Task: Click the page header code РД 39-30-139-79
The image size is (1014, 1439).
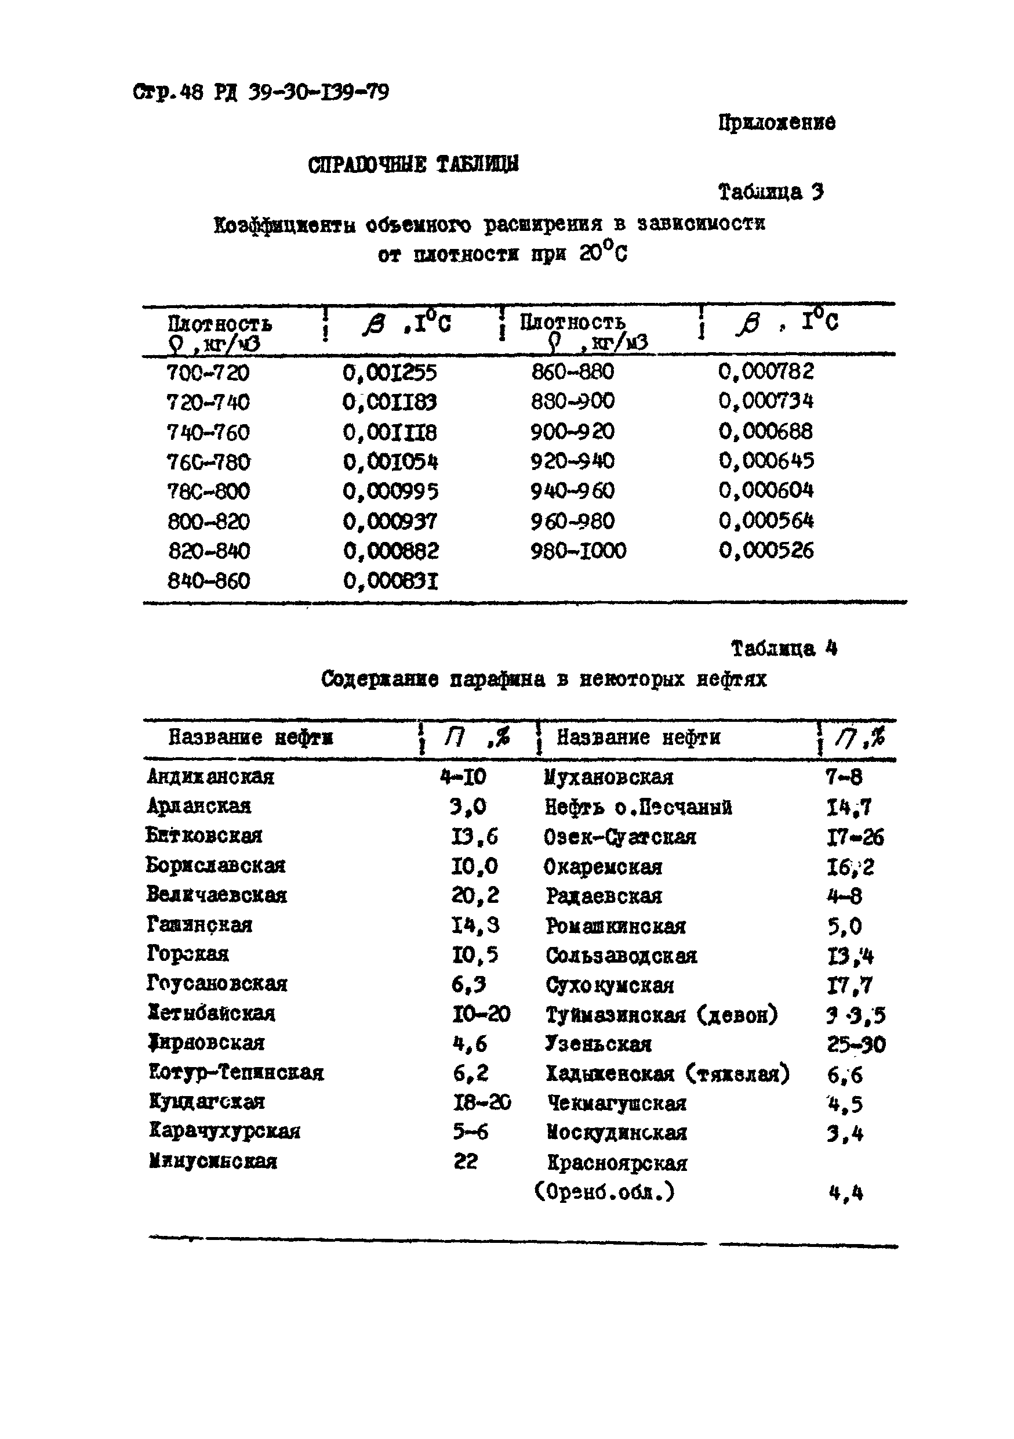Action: pos(301,93)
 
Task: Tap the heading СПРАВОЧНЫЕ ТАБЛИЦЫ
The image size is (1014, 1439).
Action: pos(413,165)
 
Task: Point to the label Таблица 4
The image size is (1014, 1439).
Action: pos(783,648)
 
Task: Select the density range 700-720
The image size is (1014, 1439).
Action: pos(208,373)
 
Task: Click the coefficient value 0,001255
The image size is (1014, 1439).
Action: pos(390,373)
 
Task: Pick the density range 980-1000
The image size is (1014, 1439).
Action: pos(577,551)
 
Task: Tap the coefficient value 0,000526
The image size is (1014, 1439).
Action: pos(765,551)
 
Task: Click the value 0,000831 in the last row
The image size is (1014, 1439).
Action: pos(390,581)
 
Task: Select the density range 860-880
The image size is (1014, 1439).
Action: pos(572,372)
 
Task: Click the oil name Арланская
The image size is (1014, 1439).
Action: pos(198,806)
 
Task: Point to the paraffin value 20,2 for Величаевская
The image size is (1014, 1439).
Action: pos(475,895)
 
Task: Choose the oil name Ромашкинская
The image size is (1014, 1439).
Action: pos(615,925)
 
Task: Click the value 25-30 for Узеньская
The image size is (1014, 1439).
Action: pos(856,1044)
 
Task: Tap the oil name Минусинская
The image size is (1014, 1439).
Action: pos(212,1161)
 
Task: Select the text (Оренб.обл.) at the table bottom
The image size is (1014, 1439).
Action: pos(604,1191)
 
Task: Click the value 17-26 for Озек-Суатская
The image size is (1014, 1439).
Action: pos(855,837)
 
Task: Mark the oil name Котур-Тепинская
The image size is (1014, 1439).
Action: pos(236,1072)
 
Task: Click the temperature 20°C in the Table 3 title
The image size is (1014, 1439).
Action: pos(602,254)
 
